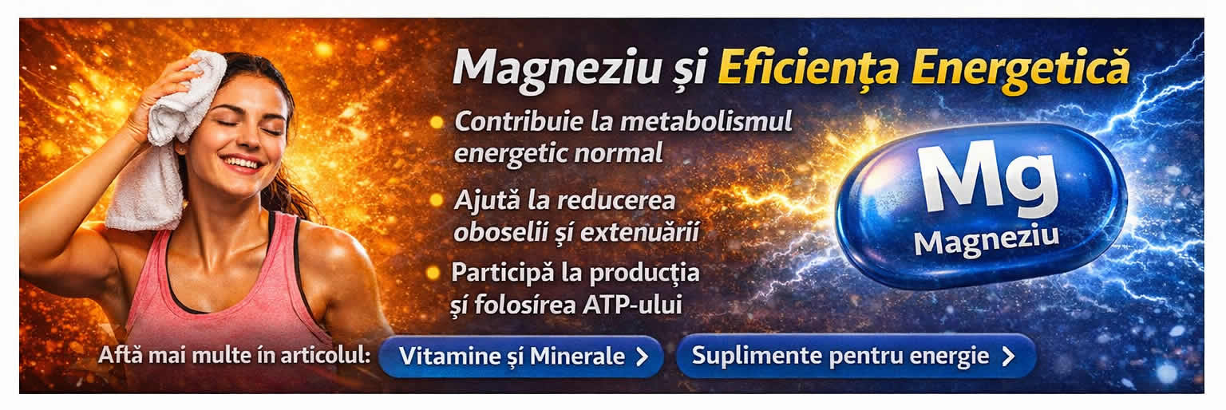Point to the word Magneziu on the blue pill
tap(986, 239)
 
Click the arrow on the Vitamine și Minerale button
tap(642, 357)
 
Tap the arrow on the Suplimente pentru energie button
tap(1008, 356)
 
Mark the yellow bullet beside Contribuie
tap(436, 122)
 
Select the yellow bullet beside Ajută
tap(436, 200)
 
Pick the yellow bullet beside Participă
tap(433, 273)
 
